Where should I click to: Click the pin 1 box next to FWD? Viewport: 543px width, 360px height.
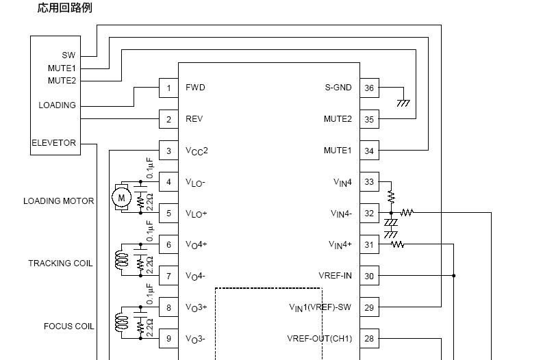168,88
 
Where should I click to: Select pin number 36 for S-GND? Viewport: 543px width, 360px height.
369,88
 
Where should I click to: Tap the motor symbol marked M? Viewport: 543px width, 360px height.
122,198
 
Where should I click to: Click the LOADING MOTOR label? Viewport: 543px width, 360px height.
59,201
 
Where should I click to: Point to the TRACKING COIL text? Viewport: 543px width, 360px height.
60,263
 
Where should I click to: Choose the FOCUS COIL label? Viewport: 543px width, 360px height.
68,326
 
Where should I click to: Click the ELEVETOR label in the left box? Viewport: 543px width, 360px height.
53,143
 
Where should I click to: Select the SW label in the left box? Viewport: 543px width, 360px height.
68,55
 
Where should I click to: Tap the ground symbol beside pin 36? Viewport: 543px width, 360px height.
403,103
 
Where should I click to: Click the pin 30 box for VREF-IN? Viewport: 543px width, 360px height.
369,276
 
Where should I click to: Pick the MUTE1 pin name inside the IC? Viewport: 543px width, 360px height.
338,151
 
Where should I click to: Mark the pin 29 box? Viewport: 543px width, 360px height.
369,307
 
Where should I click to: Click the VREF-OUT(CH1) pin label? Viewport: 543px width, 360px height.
319,339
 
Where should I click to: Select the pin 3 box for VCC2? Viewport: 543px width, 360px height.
168,151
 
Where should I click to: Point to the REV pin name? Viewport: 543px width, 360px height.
194,119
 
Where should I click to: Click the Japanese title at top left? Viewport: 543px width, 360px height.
64,8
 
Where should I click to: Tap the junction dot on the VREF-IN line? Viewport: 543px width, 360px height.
454,276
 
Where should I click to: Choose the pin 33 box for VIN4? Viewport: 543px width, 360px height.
369,182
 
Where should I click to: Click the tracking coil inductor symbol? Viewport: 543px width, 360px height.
123,260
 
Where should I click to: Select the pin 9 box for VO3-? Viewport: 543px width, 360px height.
168,339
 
